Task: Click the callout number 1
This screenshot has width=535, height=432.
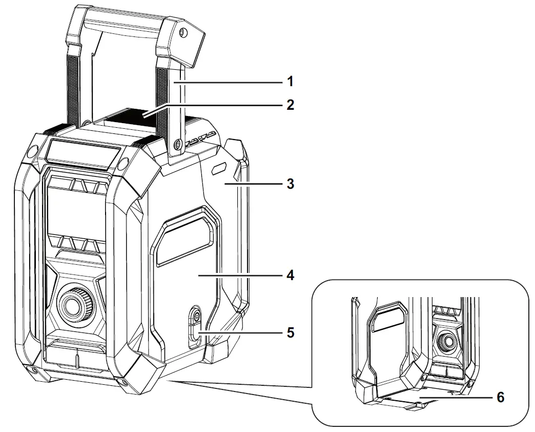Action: (290, 81)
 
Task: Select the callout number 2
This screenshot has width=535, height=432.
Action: (290, 105)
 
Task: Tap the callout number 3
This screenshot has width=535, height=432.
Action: (290, 184)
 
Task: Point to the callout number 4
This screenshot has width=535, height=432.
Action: (290, 276)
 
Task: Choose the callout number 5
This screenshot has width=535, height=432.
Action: (290, 332)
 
